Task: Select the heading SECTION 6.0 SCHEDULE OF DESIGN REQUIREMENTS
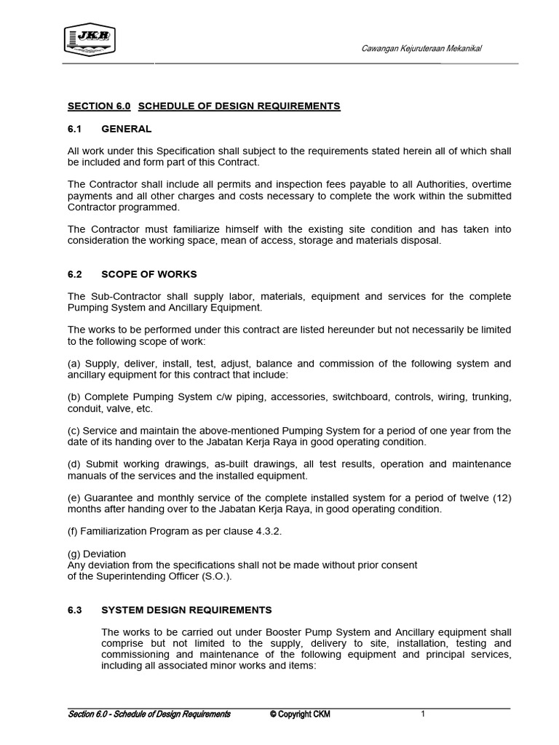[x=203, y=106]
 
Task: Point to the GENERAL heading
[x=127, y=129]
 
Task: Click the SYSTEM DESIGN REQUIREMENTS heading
[x=186, y=610]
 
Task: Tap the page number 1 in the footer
[x=423, y=714]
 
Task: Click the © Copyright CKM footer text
[x=299, y=714]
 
